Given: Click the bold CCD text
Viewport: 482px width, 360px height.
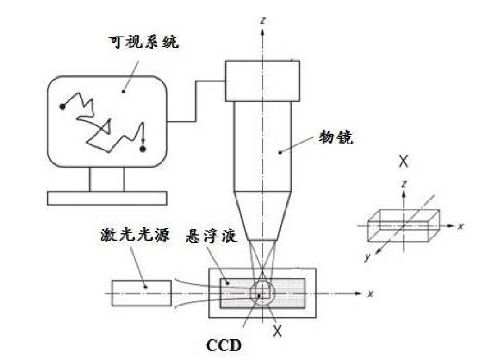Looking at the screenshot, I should click(224, 346).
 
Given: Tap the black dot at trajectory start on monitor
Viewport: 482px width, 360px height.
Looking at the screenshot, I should click(62, 106).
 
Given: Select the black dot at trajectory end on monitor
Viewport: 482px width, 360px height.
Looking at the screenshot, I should click(143, 150).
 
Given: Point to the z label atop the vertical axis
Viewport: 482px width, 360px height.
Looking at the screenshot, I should click(264, 20).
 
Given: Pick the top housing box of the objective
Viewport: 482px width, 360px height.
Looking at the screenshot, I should click(262, 80).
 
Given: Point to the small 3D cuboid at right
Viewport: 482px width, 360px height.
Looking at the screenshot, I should click(400, 225).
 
